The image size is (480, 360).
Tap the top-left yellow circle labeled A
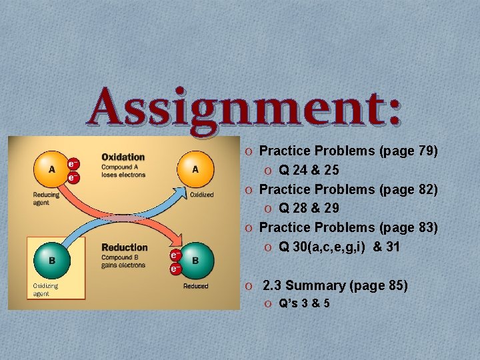click(52, 169)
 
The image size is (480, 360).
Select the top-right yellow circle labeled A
click(195, 169)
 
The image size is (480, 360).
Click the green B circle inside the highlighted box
click(52, 259)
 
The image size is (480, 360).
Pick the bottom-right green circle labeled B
click(195, 260)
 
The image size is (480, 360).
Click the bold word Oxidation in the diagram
click(123, 157)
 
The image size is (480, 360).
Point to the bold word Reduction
click(125, 247)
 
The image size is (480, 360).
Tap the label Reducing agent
click(46, 198)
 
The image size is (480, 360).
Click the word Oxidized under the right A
click(201, 195)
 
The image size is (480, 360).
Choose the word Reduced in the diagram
click(196, 286)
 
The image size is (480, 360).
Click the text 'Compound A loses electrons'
click(123, 171)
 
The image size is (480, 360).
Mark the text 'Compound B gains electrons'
click(123, 261)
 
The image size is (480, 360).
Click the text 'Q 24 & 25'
click(309, 171)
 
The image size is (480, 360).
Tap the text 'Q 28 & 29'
click(309, 209)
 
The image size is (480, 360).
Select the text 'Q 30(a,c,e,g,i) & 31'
click(339, 247)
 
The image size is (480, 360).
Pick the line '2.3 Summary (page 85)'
click(335, 285)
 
